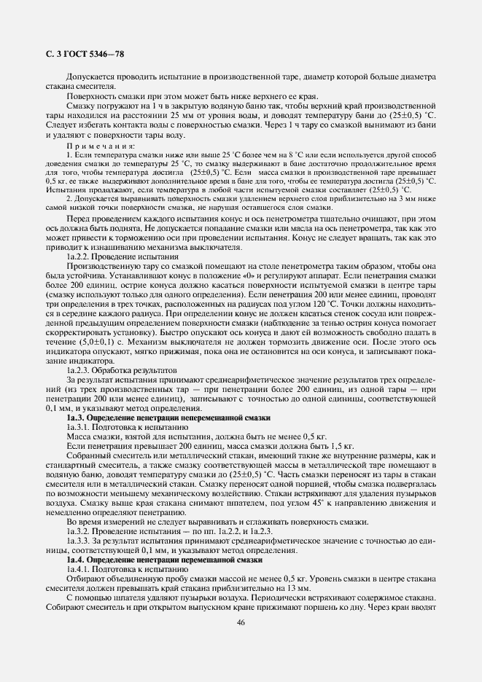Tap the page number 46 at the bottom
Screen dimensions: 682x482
[x=241, y=622]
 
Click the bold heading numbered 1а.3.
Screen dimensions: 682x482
[x=168, y=418]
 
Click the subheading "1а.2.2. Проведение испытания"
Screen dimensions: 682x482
[x=122, y=257]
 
